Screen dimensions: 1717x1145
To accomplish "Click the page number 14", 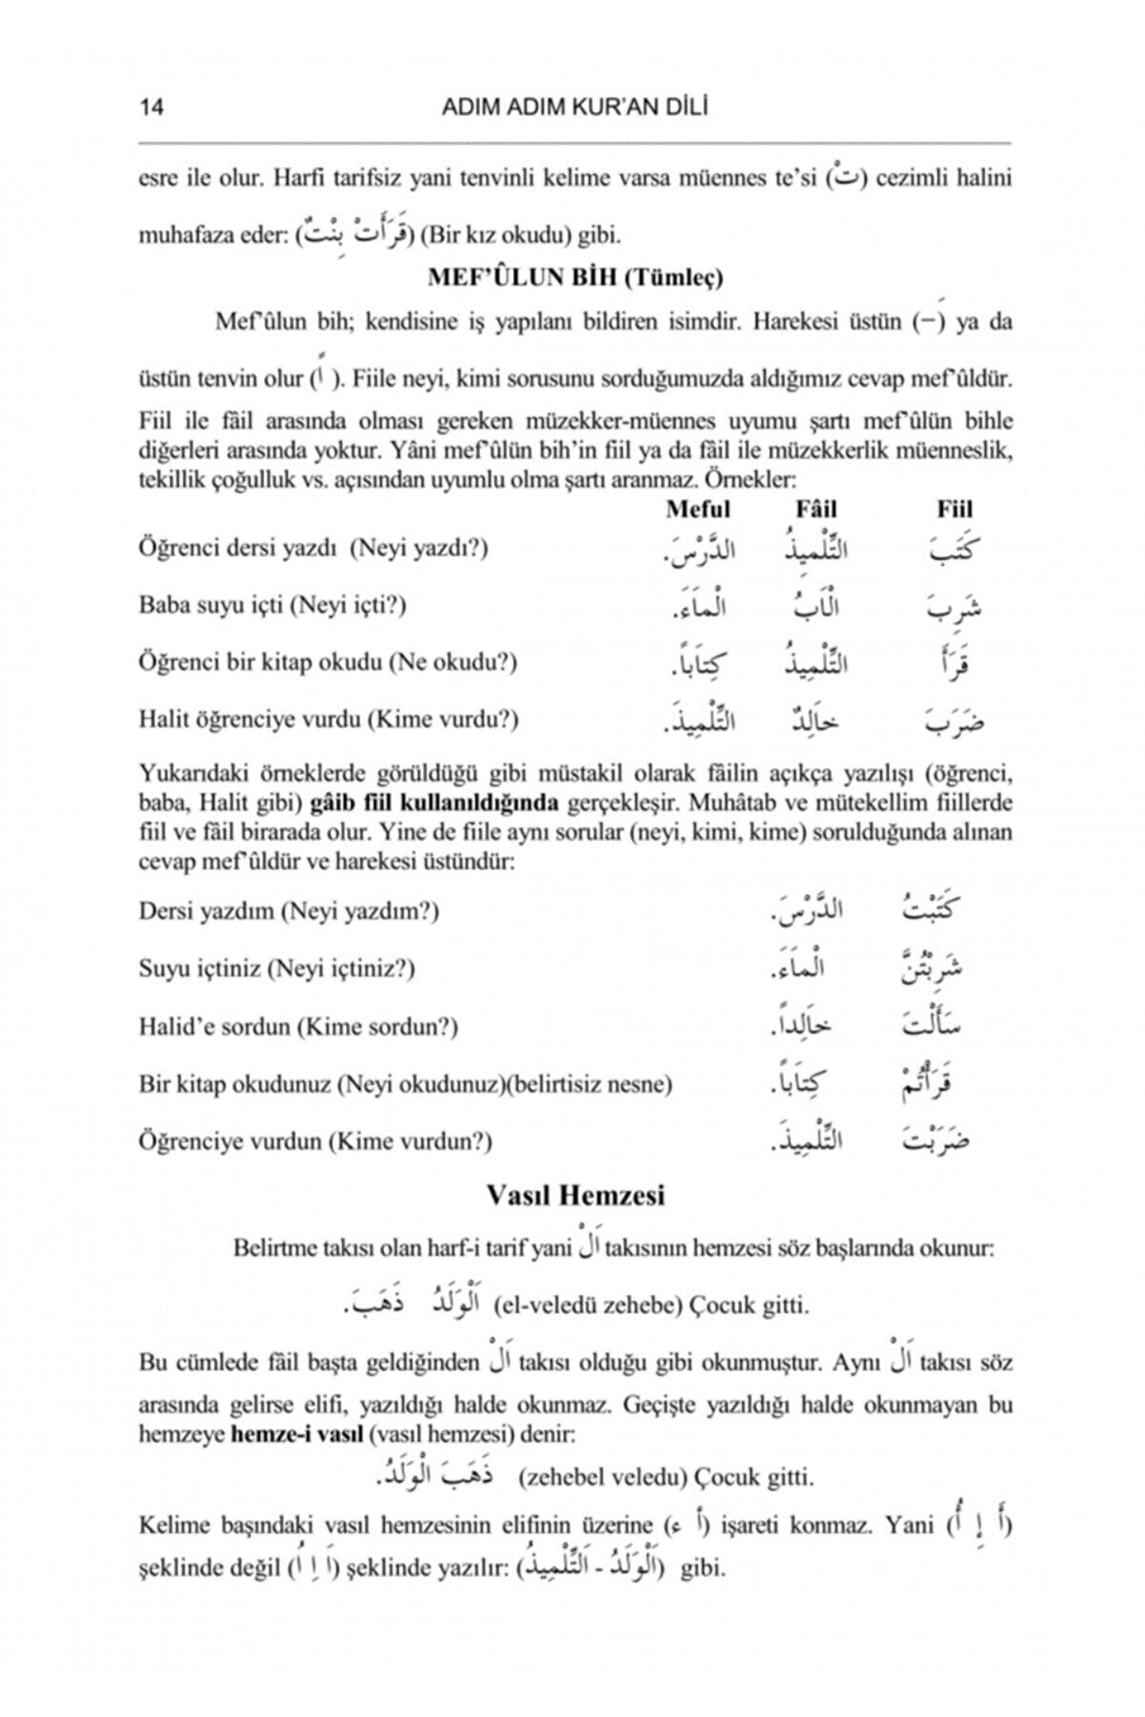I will point(151,107).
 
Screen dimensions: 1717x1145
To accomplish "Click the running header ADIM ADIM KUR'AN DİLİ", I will point(574,107).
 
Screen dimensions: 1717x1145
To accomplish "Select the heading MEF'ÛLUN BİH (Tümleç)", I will point(575,277).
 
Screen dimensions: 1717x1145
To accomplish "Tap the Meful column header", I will point(697,510).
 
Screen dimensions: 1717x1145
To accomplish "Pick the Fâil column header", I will point(816,510).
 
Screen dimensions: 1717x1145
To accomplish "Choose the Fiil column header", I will point(954,510).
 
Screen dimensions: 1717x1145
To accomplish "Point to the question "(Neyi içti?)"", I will point(347,606).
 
